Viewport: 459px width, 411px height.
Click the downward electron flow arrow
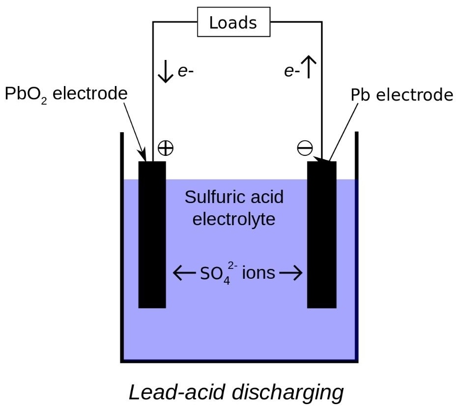pyautogui.click(x=165, y=71)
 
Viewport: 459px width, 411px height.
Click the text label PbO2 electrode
pyautogui.click(x=66, y=94)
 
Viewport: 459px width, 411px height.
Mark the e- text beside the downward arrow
pyautogui.click(x=186, y=72)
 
